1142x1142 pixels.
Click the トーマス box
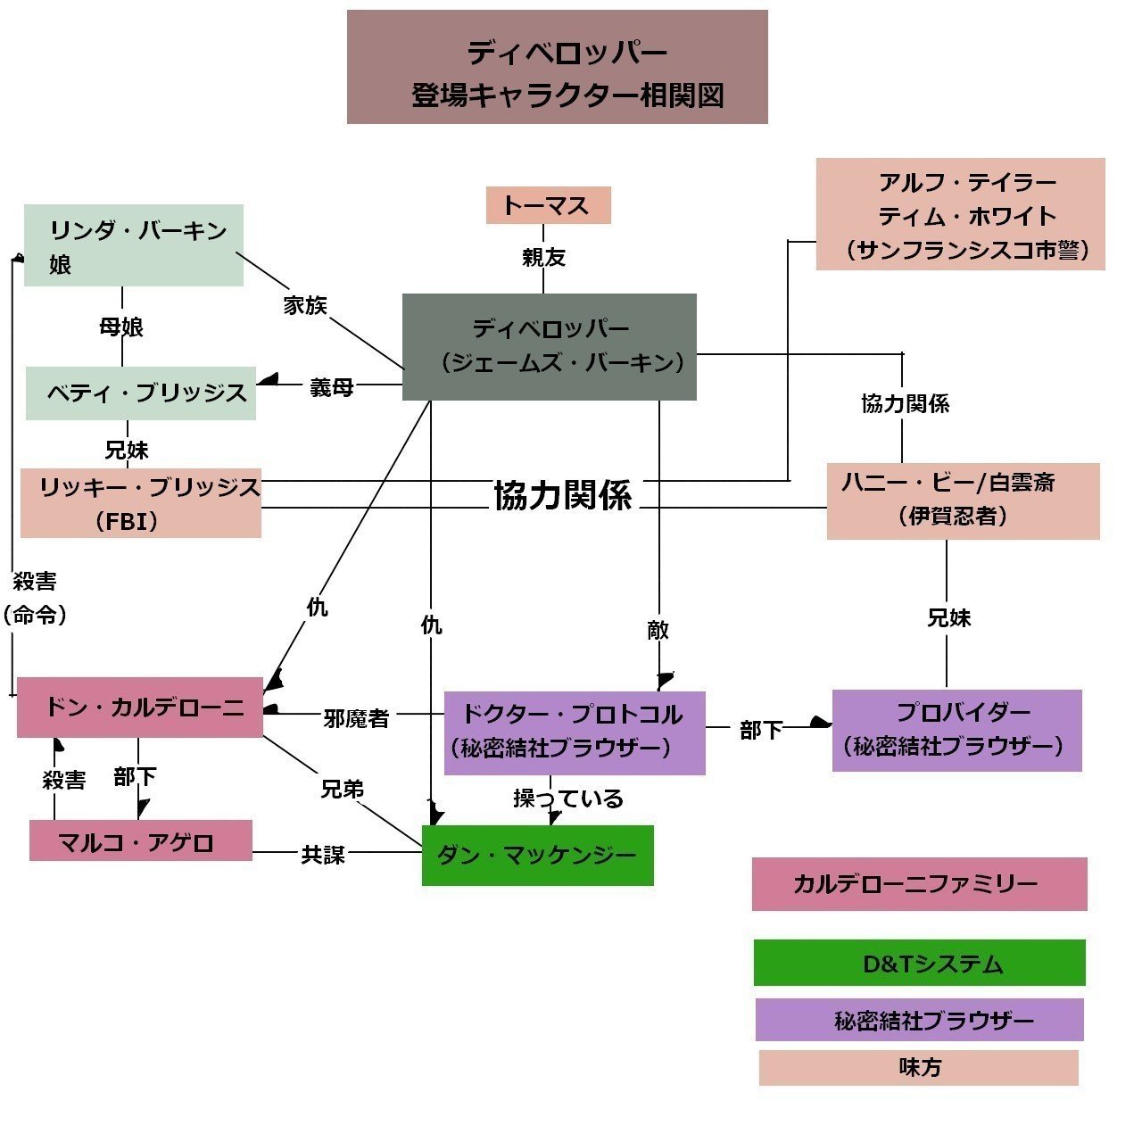(x=548, y=205)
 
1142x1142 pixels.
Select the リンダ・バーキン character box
(x=134, y=245)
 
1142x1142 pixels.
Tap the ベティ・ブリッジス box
(x=141, y=393)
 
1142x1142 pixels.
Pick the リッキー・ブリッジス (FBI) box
(x=141, y=503)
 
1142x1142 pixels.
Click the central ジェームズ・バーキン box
(x=549, y=346)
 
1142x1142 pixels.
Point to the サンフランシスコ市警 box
(x=960, y=214)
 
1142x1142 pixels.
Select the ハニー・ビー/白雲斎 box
(x=963, y=501)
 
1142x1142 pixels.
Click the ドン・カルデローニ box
(x=140, y=708)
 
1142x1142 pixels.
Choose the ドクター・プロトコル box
(x=575, y=732)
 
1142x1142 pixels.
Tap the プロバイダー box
(x=956, y=730)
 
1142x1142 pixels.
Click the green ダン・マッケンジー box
(x=537, y=855)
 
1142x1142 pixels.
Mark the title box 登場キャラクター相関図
(x=557, y=67)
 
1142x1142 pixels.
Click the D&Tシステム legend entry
(x=919, y=963)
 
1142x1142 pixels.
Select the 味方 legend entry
(x=918, y=1067)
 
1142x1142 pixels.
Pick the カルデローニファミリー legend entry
(x=919, y=884)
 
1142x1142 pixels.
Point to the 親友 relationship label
(x=543, y=258)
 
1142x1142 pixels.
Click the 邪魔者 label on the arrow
(x=356, y=718)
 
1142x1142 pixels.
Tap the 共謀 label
(x=322, y=855)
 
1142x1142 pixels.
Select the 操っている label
(x=568, y=799)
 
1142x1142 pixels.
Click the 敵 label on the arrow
(x=658, y=631)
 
